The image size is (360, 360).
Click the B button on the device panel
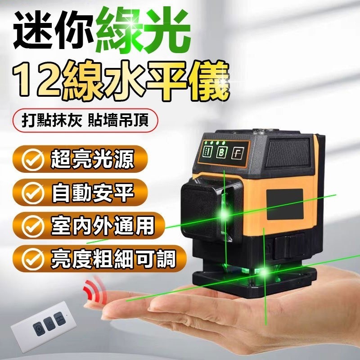[x=222, y=152]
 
